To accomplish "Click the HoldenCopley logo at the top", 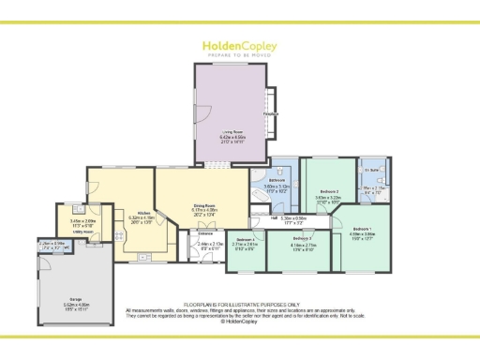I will click(240, 46).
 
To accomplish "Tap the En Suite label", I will click(372, 170).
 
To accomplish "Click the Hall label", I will click(273, 218).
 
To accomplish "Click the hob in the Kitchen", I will click(120, 234).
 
